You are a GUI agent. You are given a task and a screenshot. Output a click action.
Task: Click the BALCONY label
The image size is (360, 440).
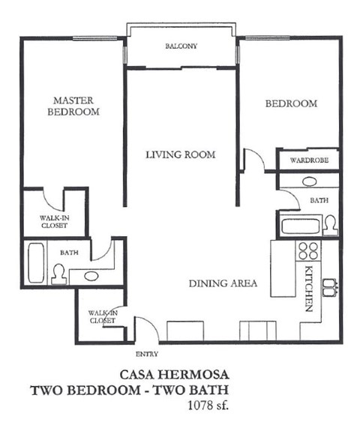point(181,46)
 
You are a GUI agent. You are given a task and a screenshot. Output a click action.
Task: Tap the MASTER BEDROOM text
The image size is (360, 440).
point(73,106)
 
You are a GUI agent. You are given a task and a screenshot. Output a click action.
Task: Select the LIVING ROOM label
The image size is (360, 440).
point(180,155)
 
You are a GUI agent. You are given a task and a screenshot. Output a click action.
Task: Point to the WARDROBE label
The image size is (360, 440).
point(308,160)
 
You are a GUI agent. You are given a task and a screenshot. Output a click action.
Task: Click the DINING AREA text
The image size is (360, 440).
point(223,283)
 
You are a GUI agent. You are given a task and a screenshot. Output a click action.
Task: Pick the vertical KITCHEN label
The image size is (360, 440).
point(308,288)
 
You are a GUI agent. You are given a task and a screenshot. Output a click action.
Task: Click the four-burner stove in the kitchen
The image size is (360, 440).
point(307,250)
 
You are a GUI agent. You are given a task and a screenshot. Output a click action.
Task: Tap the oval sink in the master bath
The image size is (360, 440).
point(91,276)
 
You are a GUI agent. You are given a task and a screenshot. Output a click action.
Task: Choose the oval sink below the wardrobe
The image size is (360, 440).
point(308,181)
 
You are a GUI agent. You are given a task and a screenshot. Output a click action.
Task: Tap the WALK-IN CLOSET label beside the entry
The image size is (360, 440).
point(102,316)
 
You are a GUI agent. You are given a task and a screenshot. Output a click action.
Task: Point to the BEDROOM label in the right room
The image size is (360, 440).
point(291,103)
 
